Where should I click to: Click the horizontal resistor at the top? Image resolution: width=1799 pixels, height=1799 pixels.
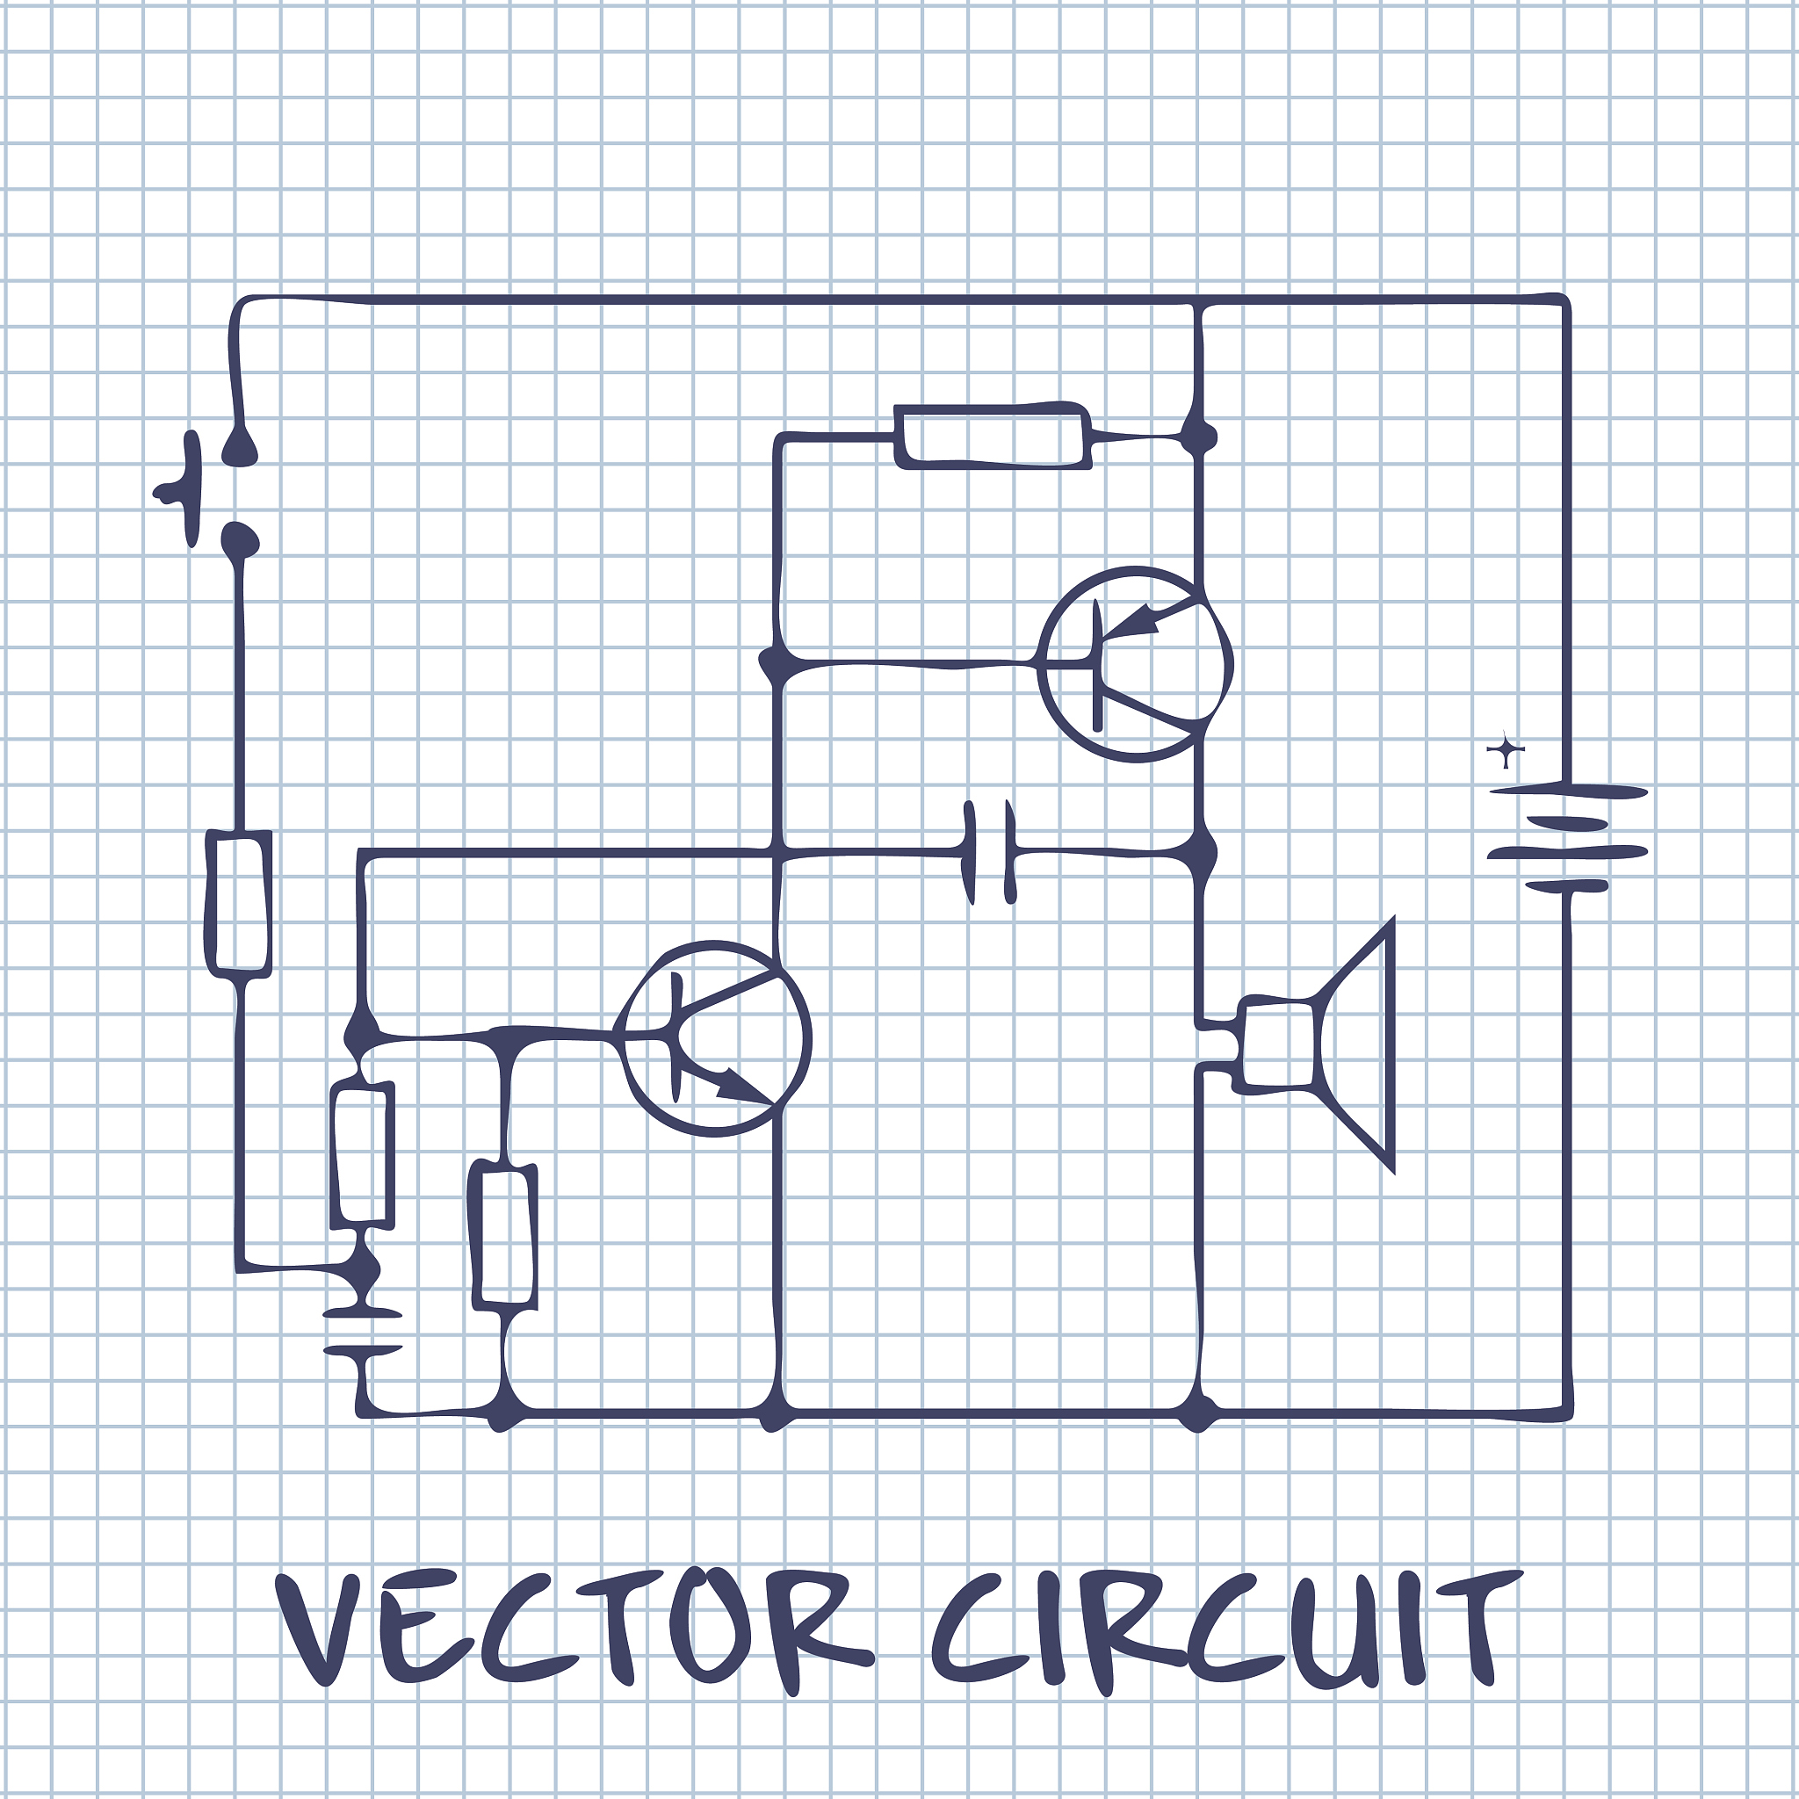coord(993,436)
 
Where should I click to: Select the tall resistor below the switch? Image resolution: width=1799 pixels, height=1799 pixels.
coord(239,903)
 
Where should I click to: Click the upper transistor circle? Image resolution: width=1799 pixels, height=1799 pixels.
coord(1134,664)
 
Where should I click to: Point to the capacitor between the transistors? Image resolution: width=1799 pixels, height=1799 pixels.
coord(989,850)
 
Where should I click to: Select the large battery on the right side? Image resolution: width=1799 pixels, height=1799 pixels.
coord(1568,838)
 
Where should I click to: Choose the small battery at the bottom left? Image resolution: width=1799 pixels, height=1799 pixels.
coord(362,1331)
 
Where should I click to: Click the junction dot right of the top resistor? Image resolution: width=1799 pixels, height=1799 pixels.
coord(1199,436)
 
